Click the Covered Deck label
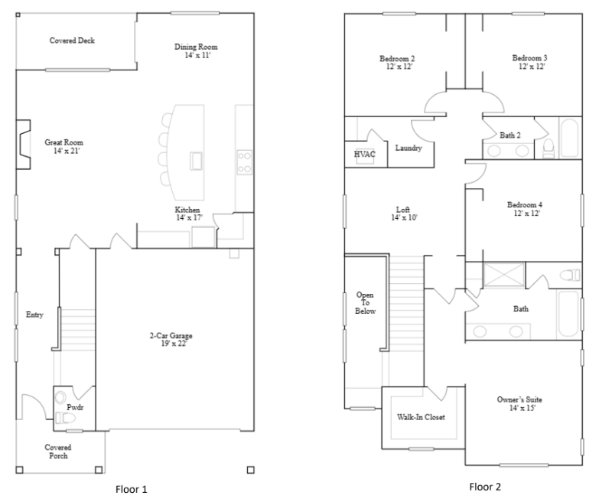tap(72, 41)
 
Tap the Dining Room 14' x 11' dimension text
tap(197, 55)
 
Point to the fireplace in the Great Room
tap(23, 145)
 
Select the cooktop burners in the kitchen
tap(245, 162)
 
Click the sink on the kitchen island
tap(197, 161)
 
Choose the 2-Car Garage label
tap(171, 335)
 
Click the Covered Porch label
tap(58, 451)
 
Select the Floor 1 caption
tap(131, 489)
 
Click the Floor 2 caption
tap(485, 487)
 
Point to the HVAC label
tap(365, 154)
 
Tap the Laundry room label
tap(409, 148)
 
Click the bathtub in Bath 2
tap(570, 138)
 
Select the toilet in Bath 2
tap(549, 148)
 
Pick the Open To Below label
tap(365, 303)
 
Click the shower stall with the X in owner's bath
tap(503, 275)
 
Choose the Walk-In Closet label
tap(421, 417)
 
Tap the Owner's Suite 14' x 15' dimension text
tap(522, 408)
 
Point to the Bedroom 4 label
tap(525, 204)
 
